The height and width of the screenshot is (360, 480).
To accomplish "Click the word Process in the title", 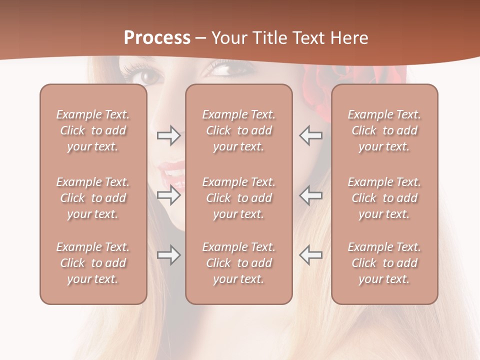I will coord(157,37).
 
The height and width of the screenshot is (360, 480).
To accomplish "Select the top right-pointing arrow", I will coord(169,135).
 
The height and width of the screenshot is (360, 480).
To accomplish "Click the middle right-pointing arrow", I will coord(169,195).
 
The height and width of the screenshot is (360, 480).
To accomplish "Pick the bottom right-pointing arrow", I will coord(169,255).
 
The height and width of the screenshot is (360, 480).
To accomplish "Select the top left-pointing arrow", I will coord(310,135).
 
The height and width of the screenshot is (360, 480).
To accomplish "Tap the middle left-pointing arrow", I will coord(310,195).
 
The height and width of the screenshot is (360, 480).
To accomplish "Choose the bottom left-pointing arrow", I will coord(310,255).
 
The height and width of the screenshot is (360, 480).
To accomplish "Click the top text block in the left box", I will coord(93,130).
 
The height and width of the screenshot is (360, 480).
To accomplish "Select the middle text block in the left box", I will coord(93,198).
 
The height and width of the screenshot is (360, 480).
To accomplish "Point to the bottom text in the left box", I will coord(93,263).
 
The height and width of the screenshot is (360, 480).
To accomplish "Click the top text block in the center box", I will coord(238,130).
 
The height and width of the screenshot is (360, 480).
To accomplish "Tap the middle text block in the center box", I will coord(238,198).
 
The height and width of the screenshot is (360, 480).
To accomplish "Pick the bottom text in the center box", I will coord(238,263).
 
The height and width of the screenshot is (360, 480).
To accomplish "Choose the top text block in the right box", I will coord(384,130).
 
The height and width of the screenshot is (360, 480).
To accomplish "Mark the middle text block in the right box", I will coord(384,198).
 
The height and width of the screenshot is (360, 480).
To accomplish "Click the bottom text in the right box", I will coord(384,263).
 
